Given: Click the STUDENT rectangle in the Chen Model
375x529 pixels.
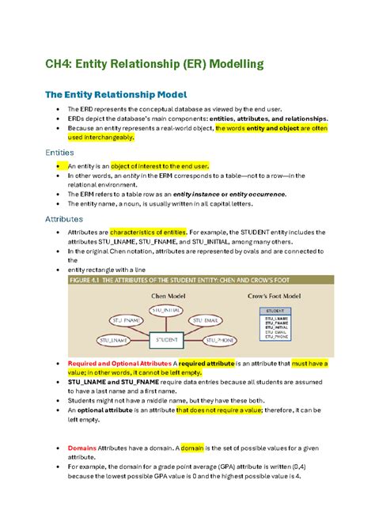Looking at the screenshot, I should tap(166, 340).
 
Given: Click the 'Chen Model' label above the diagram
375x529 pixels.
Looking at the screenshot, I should tap(168, 295).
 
